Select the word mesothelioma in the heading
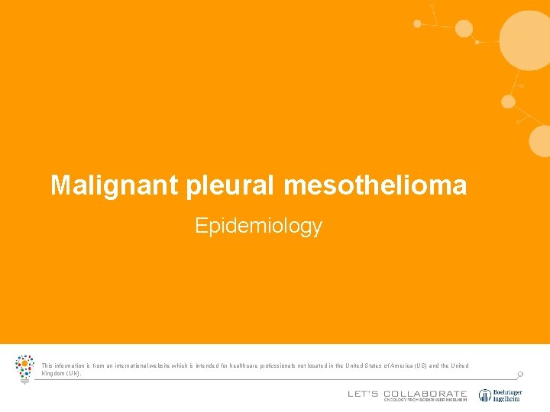click(x=375, y=185)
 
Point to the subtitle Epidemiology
click(x=258, y=226)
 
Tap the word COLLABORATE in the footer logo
click(x=425, y=394)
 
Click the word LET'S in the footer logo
click(x=363, y=394)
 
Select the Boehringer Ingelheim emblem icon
click(x=485, y=395)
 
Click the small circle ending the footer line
click(x=520, y=375)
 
